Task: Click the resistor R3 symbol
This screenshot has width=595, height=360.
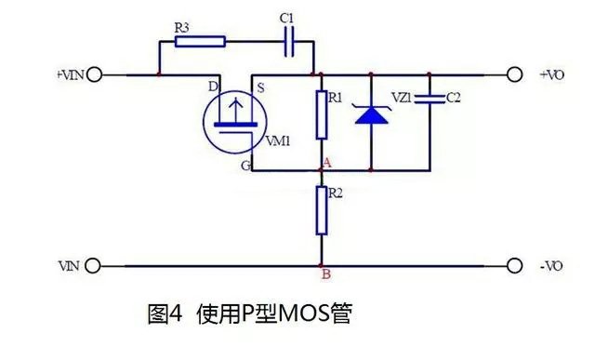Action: coord(199,41)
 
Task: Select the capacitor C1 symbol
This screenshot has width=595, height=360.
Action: coord(289,41)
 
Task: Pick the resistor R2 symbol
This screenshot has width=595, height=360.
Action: coord(322,209)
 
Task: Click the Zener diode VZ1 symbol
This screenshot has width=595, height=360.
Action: coord(372,115)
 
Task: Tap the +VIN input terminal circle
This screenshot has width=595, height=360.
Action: coord(93,73)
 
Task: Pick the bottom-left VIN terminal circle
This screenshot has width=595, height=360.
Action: coord(92,265)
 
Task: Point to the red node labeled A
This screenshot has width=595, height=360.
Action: coord(322,170)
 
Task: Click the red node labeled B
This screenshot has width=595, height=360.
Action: coord(322,265)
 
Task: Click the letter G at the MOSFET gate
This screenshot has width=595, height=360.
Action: coord(245,166)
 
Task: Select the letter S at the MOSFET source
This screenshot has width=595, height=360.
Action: coord(261,87)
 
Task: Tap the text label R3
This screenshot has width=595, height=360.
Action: coord(183,27)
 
